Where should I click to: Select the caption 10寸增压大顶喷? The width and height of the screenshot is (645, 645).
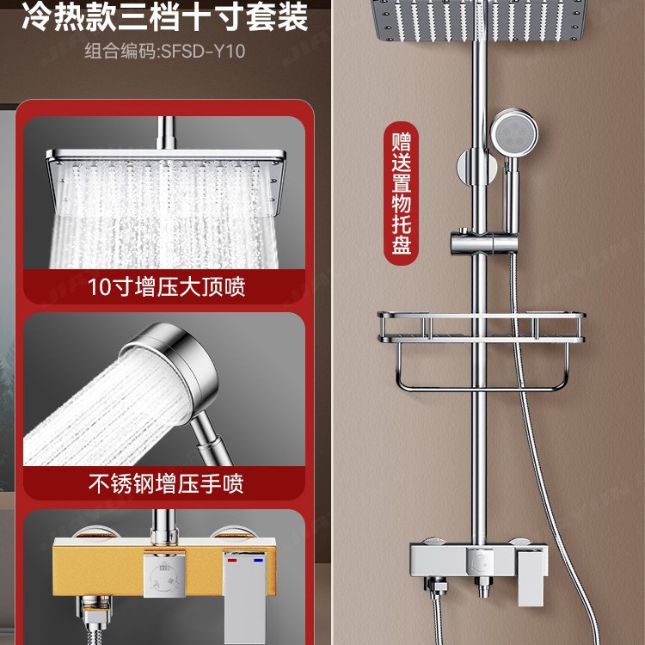[166, 286]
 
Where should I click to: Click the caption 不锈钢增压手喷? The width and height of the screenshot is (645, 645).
[166, 483]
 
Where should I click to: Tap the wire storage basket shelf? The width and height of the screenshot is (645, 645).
[480, 328]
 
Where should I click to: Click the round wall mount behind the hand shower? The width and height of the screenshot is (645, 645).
[471, 166]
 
